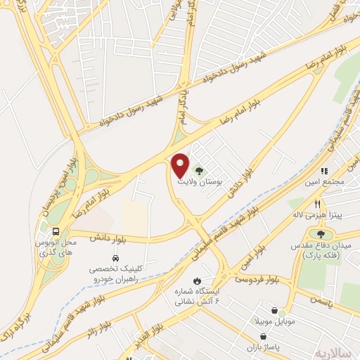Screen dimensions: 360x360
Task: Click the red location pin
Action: [181, 165]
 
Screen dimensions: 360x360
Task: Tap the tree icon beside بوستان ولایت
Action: [199, 169]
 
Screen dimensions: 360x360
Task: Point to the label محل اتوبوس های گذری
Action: [55, 247]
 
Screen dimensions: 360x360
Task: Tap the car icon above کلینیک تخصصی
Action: [114, 257]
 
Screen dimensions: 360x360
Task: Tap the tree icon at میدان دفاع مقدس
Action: [321, 234]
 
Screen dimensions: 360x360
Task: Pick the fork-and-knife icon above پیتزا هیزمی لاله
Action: [318, 205]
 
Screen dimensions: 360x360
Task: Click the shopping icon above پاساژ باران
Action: [263, 336]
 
